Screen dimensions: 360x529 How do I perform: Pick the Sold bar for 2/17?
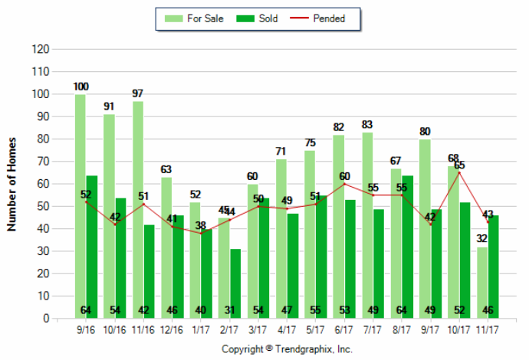point(235,283)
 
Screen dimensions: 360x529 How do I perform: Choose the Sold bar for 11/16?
point(149,271)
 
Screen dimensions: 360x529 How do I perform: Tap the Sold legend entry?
point(261,18)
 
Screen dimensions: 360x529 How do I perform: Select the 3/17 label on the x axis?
point(258,330)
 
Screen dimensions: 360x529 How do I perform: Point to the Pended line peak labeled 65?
point(459,172)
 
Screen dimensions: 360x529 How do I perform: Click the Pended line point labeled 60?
point(344,184)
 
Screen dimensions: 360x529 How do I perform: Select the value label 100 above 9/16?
point(81,86)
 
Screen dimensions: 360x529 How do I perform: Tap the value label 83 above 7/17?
point(367,124)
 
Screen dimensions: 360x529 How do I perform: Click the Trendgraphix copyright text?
point(287,349)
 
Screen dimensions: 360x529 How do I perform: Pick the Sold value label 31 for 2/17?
point(229,309)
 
